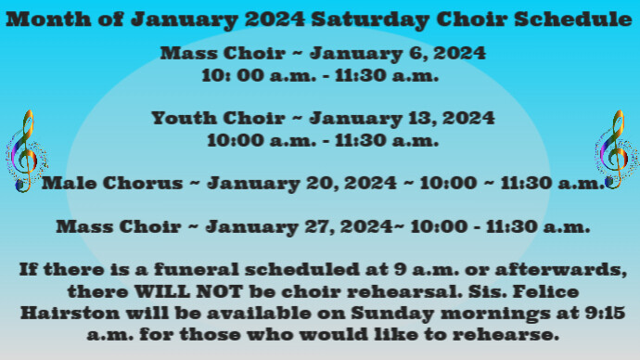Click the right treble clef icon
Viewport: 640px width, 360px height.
pos(611,148)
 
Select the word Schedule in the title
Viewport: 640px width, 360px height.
pos(564,19)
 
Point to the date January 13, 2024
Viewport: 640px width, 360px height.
pos(402,119)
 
